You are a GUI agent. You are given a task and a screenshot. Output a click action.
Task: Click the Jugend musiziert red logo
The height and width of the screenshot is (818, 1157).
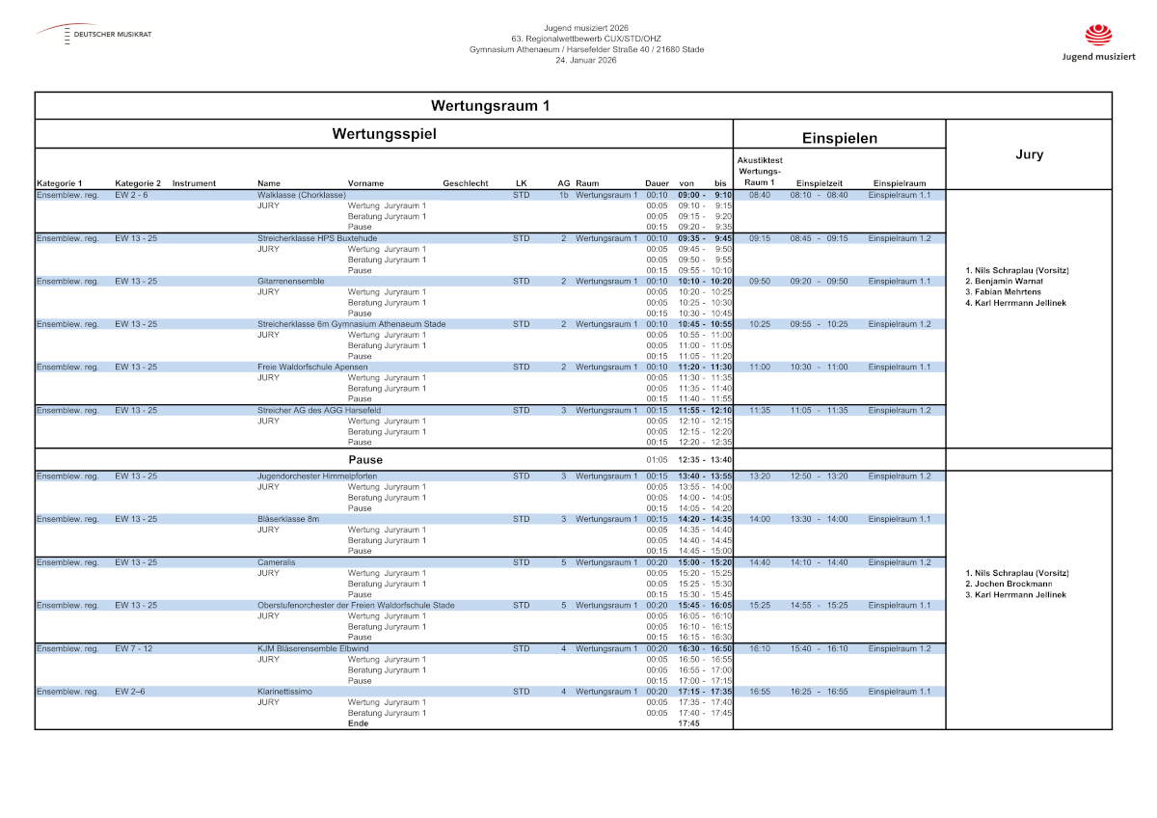pos(1098,36)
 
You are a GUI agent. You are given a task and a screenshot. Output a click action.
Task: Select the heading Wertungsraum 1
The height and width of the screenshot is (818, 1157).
pos(490,105)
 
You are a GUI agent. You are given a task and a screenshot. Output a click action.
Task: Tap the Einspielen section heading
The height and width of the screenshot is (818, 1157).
pos(840,138)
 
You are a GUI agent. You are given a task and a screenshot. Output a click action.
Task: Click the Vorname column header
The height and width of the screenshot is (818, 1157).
pos(365,183)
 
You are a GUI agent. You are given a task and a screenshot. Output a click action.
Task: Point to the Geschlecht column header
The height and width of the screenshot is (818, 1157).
pos(466,183)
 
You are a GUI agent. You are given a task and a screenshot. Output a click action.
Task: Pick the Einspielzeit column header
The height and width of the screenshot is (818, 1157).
pos(819,183)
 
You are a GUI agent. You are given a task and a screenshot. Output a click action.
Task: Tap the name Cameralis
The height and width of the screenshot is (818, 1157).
pos(276,561)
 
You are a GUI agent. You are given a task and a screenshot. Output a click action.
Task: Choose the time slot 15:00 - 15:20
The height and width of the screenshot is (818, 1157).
pos(705,561)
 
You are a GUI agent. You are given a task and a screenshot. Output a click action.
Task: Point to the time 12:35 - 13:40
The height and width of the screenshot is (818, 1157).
pos(705,460)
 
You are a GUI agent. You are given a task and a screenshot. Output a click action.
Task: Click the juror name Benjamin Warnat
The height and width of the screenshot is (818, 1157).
pos(1004,282)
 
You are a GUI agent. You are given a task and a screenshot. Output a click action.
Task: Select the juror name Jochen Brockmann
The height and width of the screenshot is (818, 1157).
pos(1009,584)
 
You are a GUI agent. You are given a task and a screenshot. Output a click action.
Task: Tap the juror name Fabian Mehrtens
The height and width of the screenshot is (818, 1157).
pos(1004,292)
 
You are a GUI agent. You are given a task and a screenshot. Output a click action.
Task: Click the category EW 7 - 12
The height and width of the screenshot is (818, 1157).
pos(133,648)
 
